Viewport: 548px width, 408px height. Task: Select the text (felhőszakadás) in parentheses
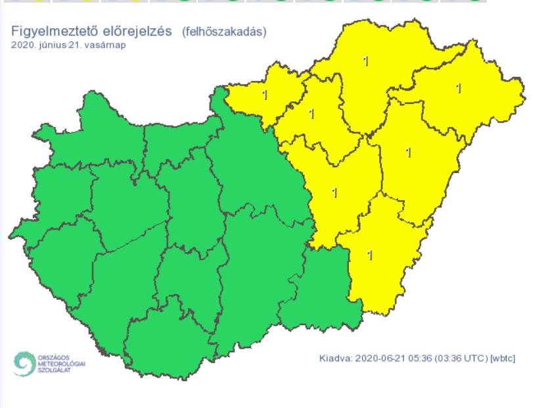[x=224, y=32]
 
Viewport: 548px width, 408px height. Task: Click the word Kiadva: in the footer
[x=335, y=359]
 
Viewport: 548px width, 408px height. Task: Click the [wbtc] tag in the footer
[x=503, y=359]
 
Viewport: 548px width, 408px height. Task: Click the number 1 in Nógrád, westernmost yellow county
[x=265, y=95]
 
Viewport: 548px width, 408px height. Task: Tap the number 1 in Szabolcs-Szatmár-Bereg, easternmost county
[x=459, y=88]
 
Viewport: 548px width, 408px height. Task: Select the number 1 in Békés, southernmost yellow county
[x=370, y=255]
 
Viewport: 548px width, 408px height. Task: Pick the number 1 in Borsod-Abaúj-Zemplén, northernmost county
[x=365, y=61]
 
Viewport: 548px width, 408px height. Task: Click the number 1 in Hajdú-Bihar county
[x=409, y=153]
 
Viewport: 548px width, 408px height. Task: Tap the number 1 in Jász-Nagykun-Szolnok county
[x=334, y=193]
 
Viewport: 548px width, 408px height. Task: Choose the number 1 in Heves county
[x=311, y=113]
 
